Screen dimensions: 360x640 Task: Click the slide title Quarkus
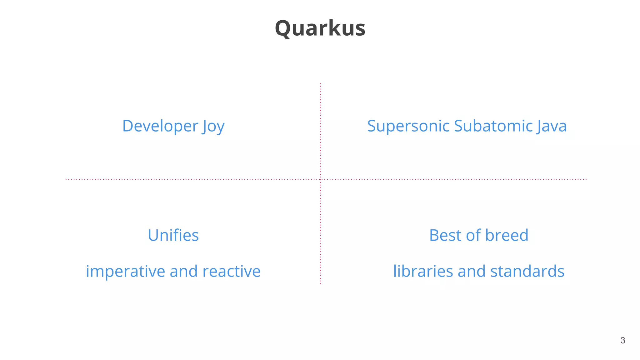(x=320, y=28)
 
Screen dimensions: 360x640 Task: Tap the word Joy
(x=213, y=127)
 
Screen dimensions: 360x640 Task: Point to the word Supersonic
(x=408, y=126)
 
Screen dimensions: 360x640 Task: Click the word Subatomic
(x=493, y=126)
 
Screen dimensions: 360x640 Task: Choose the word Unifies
(x=173, y=235)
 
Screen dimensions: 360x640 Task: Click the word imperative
(x=125, y=271)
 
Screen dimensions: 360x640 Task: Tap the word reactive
(x=231, y=271)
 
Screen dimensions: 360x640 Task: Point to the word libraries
(x=423, y=271)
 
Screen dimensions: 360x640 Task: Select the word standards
(x=527, y=271)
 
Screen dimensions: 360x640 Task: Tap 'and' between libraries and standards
(x=472, y=271)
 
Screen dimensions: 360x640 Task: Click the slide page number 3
(x=623, y=340)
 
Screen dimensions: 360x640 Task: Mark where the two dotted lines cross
(x=320, y=179)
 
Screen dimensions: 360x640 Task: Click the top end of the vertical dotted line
(x=320, y=84)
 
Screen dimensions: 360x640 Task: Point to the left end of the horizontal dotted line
(x=66, y=179)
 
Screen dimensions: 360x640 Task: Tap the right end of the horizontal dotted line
(x=586, y=179)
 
